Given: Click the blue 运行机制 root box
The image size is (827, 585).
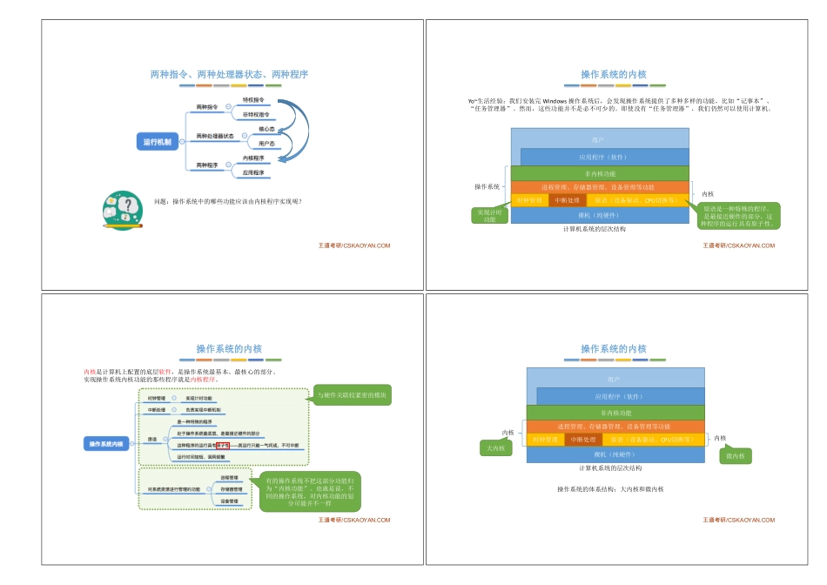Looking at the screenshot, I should [x=158, y=141].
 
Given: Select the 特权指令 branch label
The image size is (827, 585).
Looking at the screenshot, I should [x=253, y=100].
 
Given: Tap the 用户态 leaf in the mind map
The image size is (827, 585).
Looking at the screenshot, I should [x=266, y=143].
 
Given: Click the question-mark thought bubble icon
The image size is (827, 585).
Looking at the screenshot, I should [x=123, y=210].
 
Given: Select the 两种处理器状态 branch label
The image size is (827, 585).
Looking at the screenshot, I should [x=214, y=136].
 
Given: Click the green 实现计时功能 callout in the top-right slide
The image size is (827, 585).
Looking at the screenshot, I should [x=491, y=215].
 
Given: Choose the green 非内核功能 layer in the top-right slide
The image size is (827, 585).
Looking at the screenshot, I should [x=600, y=173].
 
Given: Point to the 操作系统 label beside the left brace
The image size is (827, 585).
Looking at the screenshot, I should [x=487, y=186].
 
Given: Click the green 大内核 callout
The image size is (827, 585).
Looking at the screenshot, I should [x=497, y=448].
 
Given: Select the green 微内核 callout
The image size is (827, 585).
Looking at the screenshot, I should [x=735, y=455].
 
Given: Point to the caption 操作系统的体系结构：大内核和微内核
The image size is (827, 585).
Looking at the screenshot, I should [x=610, y=489].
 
